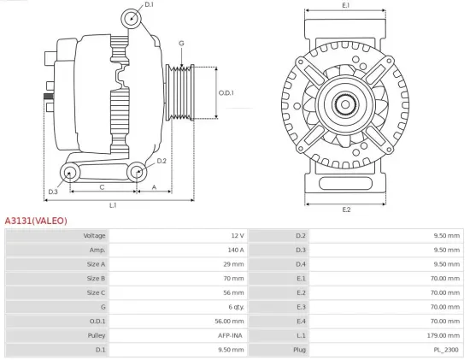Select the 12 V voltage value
coord(238,235)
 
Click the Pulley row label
coord(96,335)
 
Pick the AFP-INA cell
coord(230,335)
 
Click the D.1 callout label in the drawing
coord(150,5)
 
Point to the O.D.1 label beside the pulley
coord(226,92)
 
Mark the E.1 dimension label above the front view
coord(346,6)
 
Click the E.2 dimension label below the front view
coord(346,210)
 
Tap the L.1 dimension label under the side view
coord(113,205)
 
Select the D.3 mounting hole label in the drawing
coord(53,179)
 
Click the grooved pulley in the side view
coord(181,92)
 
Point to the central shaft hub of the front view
coord(346,107)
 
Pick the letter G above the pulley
coord(181,43)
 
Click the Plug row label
coord(300,350)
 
